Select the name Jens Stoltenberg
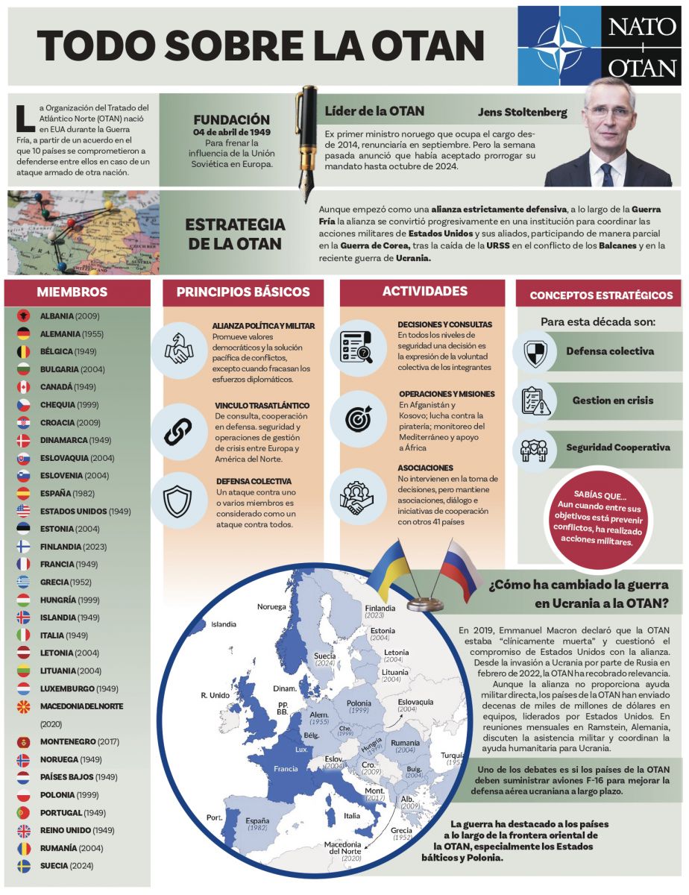pos(522,113)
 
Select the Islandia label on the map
pos(224,624)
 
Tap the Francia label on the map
pos(286,768)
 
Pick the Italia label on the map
pos(351,815)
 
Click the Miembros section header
pos(72,292)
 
